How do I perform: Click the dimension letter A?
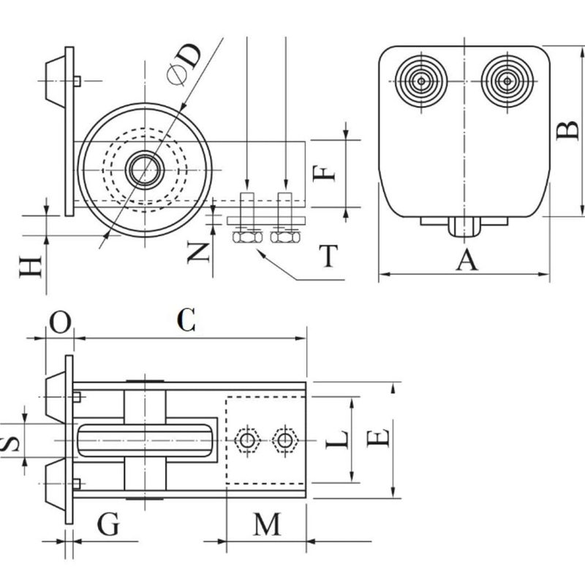coord(466,258)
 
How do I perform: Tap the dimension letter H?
coord(30,267)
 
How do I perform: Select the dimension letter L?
coord(336,439)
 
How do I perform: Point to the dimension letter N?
coord(197,252)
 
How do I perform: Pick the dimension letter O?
coord(61,321)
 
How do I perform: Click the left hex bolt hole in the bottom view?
coord(248,439)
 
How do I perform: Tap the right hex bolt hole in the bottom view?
coord(282,439)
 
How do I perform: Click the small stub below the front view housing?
coord(464,227)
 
